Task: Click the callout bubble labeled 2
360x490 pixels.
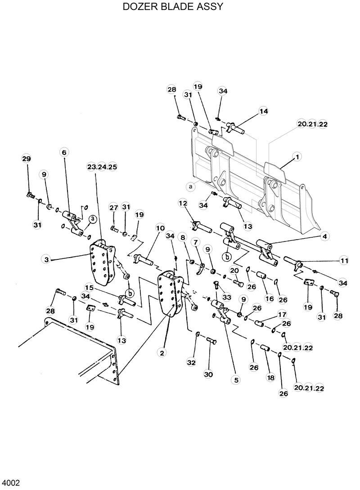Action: pyautogui.click(x=161, y=353)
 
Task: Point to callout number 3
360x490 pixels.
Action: pyautogui.click(x=46, y=259)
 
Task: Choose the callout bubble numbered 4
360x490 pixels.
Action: pyautogui.click(x=324, y=236)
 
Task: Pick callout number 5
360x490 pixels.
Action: pyautogui.click(x=235, y=379)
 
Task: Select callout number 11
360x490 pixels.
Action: pyautogui.click(x=344, y=260)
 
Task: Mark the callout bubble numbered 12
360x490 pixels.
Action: pyautogui.click(x=183, y=203)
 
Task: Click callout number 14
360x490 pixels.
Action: pyautogui.click(x=263, y=111)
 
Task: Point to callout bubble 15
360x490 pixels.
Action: pyautogui.click(x=89, y=287)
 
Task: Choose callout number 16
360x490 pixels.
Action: pyautogui.click(x=269, y=298)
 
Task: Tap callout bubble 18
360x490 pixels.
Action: pyautogui.click(x=271, y=378)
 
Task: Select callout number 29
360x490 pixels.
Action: pyautogui.click(x=27, y=158)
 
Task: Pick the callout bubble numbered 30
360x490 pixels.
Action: pyautogui.click(x=208, y=374)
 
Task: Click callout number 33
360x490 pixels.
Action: pyautogui.click(x=226, y=297)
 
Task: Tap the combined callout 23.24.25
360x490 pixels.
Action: pyautogui.click(x=102, y=167)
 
